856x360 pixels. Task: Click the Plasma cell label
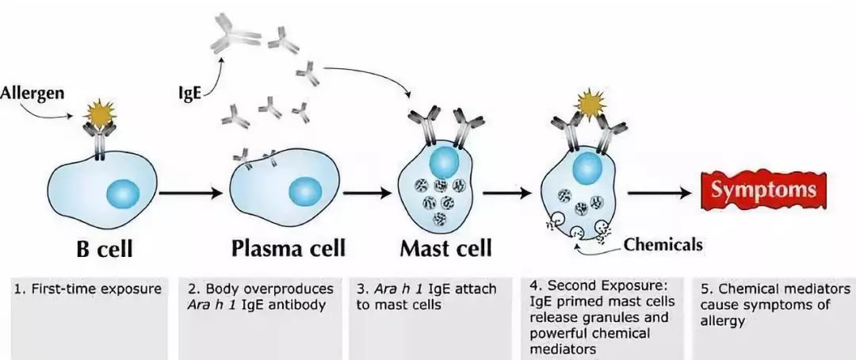pos(289,248)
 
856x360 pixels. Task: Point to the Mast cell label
pos(445,248)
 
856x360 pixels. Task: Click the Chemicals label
pos(663,244)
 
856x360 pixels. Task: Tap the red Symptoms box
pos(762,191)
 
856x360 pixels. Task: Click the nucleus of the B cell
pos(123,193)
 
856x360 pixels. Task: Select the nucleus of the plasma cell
pos(304,191)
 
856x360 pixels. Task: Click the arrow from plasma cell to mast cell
pos(369,192)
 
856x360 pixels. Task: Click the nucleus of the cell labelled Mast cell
pos(444,163)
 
